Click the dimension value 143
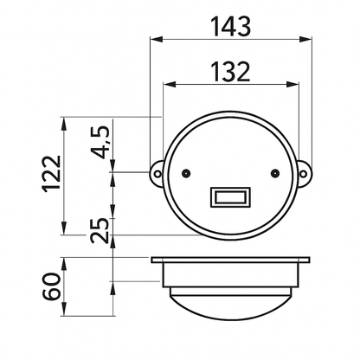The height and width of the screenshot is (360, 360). pyautogui.click(x=231, y=27)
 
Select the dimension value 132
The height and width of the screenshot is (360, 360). pyautogui.click(x=230, y=72)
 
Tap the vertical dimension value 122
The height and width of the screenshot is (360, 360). pyautogui.click(x=52, y=174)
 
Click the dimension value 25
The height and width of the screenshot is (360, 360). pyautogui.click(x=100, y=230)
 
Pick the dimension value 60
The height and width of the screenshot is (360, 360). pyautogui.click(x=52, y=286)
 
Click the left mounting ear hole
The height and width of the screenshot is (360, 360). pyautogui.click(x=157, y=174)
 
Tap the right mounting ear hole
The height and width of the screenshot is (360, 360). pyautogui.click(x=303, y=174)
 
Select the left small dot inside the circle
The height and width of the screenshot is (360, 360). pyautogui.click(x=186, y=173)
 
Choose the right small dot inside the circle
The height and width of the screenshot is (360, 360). pyautogui.click(x=275, y=173)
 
